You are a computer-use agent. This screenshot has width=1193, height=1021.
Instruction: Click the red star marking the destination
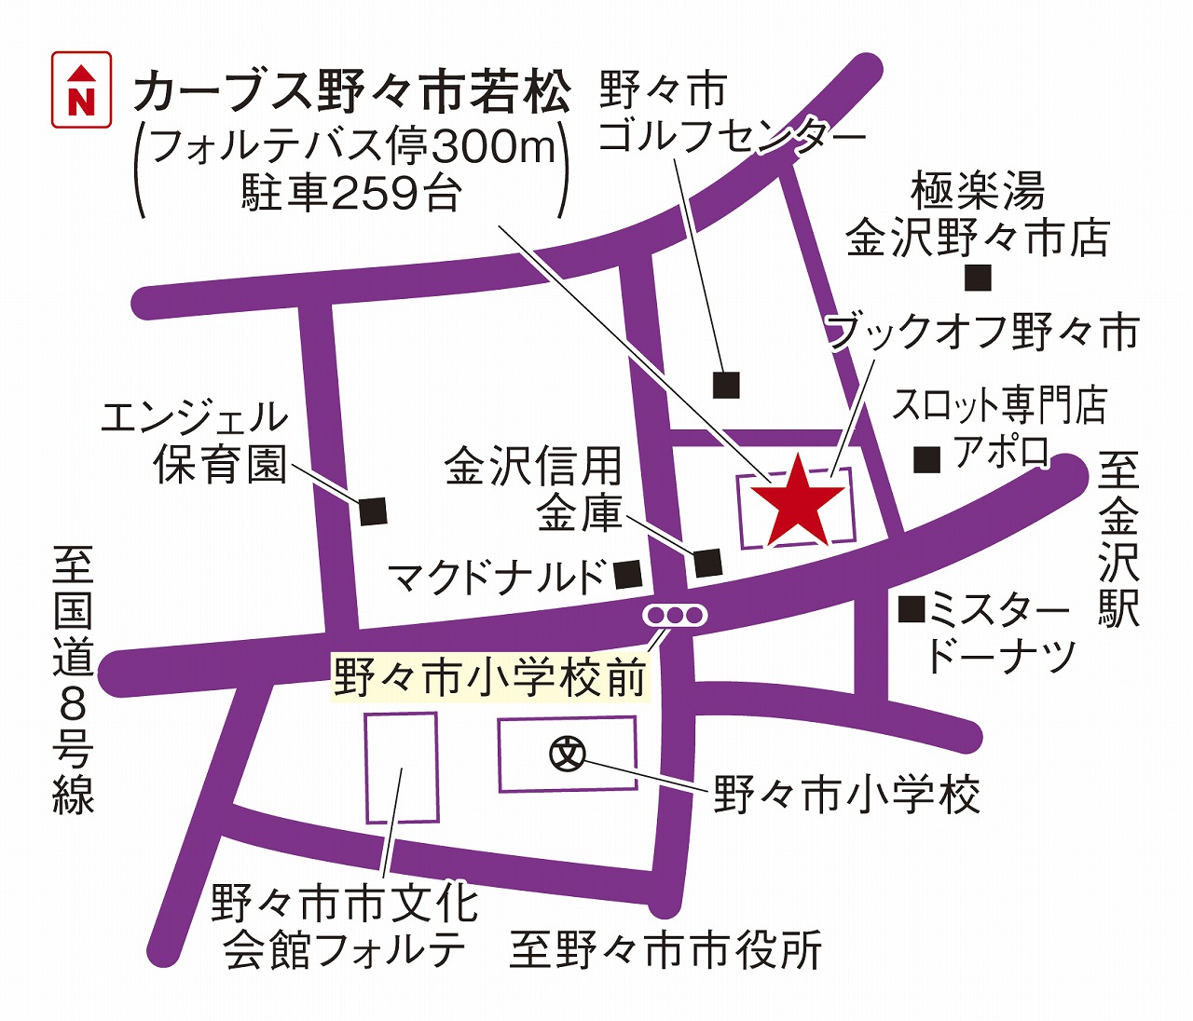tap(798, 503)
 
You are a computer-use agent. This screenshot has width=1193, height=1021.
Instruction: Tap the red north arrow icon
tap(82, 89)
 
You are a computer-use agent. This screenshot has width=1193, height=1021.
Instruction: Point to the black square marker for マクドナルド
tap(629, 574)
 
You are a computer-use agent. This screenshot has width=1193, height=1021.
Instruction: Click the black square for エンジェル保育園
tap(372, 510)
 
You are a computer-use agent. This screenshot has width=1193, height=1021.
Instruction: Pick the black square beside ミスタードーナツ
tap(911, 609)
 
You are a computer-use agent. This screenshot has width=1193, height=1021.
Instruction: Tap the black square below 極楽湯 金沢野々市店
tap(978, 277)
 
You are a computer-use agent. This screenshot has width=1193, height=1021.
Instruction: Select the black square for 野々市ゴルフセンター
tap(726, 384)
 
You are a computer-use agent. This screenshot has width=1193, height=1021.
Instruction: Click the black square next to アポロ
tap(926, 459)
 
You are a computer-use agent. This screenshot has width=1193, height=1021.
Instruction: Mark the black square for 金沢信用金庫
tap(707, 562)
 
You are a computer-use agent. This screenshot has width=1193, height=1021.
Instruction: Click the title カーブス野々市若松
tap(351, 93)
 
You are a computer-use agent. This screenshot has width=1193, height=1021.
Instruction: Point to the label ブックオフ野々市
tap(984, 333)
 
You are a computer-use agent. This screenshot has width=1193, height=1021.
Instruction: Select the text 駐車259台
tap(351, 194)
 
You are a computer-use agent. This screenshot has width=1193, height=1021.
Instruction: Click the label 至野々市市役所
tap(665, 951)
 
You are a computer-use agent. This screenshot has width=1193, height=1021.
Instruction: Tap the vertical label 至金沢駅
tap(1118, 540)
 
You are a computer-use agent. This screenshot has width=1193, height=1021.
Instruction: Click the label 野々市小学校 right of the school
tap(846, 796)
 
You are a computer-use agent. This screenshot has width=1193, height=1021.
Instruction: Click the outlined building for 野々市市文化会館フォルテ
tap(402, 768)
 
